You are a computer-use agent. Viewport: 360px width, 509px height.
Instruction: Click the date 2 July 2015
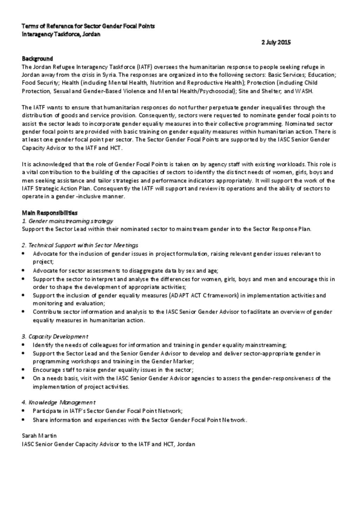[276, 43]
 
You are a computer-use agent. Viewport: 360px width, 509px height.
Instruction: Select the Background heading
[37, 59]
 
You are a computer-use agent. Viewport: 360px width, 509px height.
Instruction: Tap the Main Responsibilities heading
[50, 213]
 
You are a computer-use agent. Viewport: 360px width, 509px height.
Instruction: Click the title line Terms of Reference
[88, 26]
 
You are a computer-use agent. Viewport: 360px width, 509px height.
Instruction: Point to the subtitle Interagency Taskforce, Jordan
[61, 34]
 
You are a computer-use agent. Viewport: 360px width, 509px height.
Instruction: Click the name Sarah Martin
[39, 436]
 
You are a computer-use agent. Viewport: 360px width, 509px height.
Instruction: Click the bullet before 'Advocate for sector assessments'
[23, 270]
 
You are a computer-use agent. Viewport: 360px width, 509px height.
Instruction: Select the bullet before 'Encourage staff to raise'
[23, 370]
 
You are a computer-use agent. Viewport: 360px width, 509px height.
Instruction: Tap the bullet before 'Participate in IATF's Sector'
[23, 411]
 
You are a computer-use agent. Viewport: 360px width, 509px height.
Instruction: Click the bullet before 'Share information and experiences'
[23, 420]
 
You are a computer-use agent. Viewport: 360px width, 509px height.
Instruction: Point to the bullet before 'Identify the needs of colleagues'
[23, 345]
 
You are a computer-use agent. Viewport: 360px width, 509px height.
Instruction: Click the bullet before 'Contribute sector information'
[23, 312]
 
